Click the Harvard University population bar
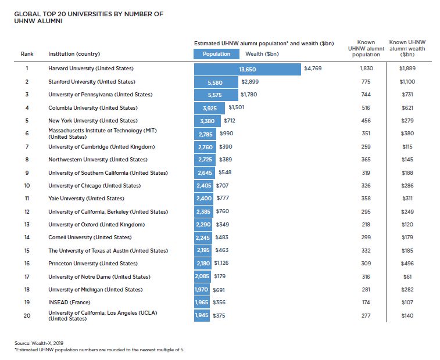click(247, 69)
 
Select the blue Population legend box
click(216, 54)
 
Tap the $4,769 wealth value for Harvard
click(312, 69)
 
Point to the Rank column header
click(27, 54)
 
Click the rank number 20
click(27, 315)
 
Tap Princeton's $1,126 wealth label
click(227, 264)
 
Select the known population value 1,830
click(366, 69)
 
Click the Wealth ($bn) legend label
click(262, 54)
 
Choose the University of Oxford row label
click(96, 225)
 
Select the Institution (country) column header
click(74, 54)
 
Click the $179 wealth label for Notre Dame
click(220, 276)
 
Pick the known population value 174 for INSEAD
click(366, 303)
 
